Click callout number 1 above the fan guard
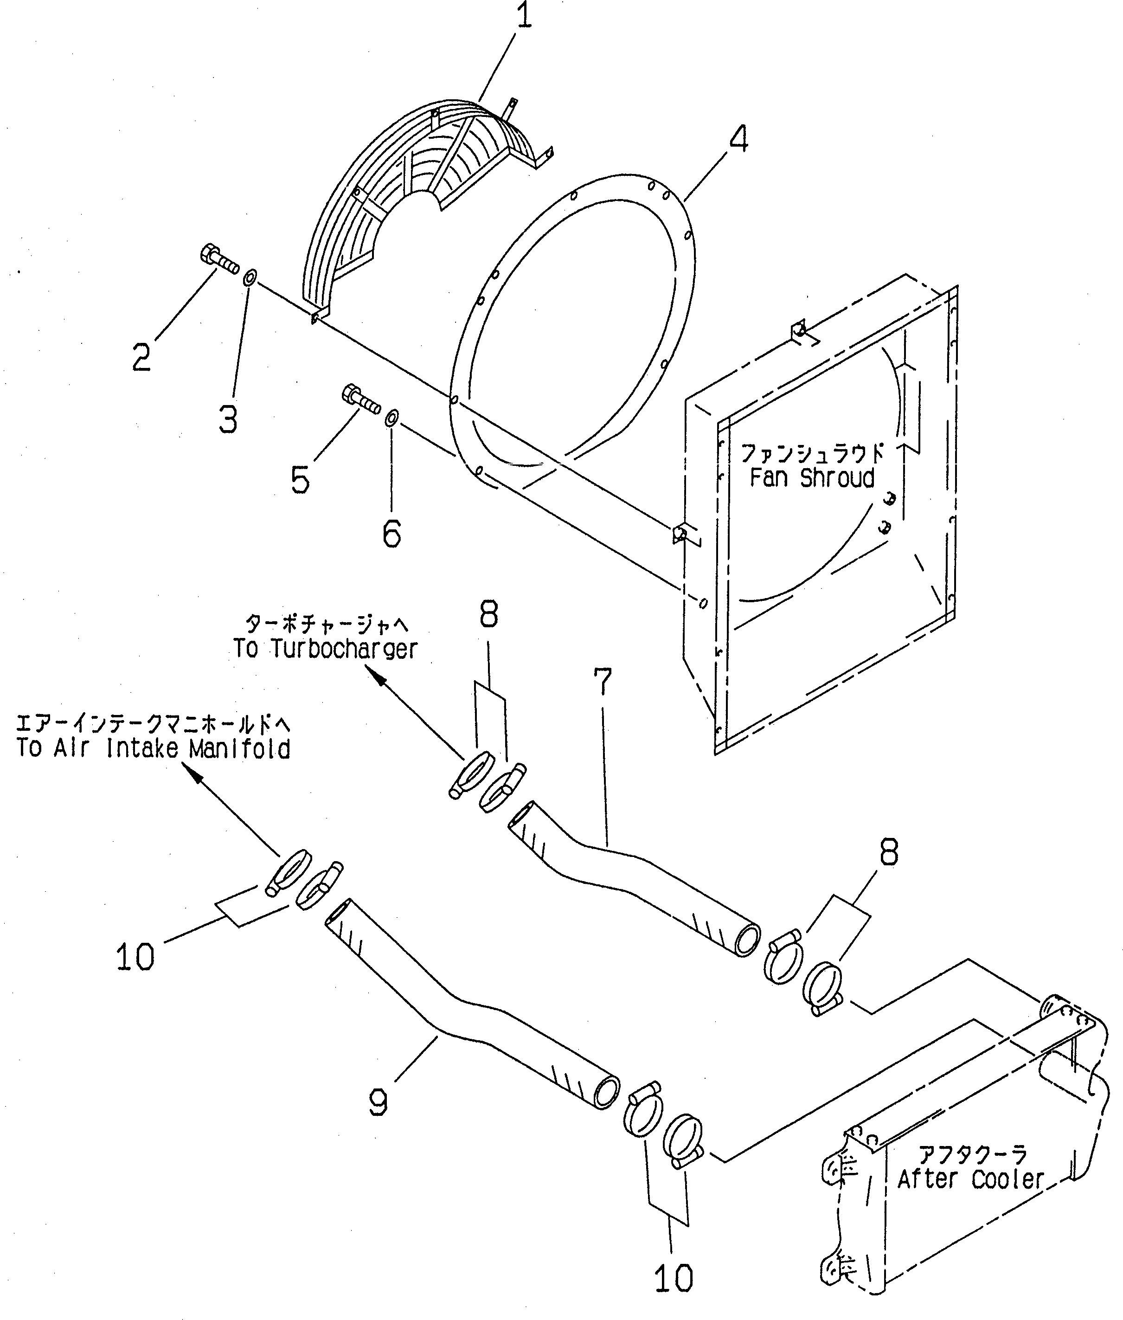click(x=523, y=18)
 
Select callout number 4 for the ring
click(x=738, y=139)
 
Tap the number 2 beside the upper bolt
click(x=142, y=357)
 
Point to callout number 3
click(x=228, y=419)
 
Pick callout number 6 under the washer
click(x=391, y=533)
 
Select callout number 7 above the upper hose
click(x=602, y=681)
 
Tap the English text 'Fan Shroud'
click(x=812, y=477)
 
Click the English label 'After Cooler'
click(x=971, y=1179)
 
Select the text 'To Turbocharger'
click(x=325, y=649)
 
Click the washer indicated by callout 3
click(x=250, y=277)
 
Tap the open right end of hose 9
click(x=607, y=1093)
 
